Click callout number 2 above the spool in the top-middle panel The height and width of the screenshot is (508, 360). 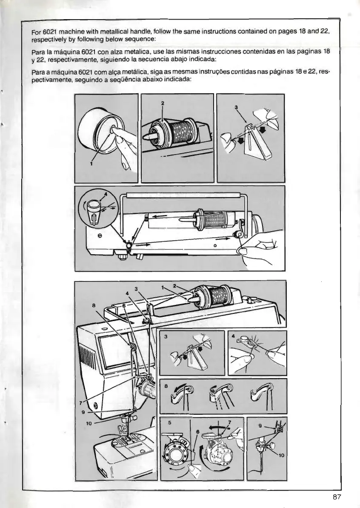coord(163,103)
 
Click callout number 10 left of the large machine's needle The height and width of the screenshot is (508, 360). coord(89,424)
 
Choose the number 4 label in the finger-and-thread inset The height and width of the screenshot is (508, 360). coord(234,336)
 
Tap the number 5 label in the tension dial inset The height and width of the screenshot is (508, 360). coord(170,423)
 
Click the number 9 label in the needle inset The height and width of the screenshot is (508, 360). coord(261,425)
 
